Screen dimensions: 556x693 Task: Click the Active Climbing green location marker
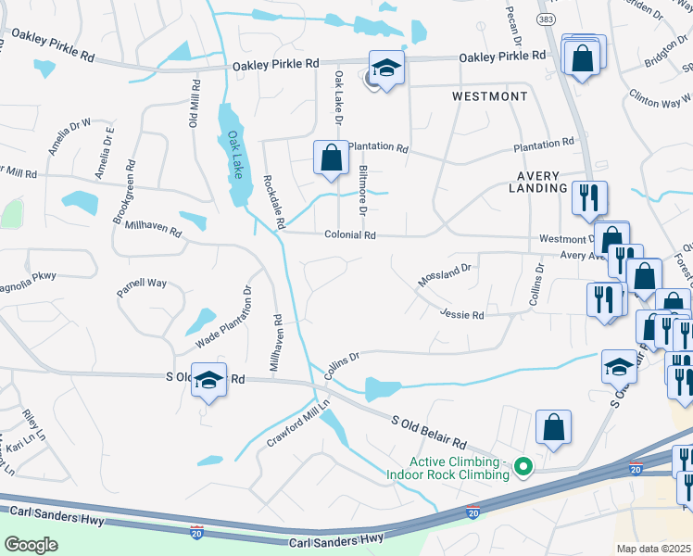[x=523, y=466]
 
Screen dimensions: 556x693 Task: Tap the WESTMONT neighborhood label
[x=489, y=96]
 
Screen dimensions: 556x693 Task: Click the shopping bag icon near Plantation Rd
[x=331, y=158]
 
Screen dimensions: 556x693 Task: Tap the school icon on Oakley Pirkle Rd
[x=387, y=68]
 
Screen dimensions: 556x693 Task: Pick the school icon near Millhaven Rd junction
[x=209, y=380]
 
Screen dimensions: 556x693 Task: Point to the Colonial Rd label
[x=349, y=235]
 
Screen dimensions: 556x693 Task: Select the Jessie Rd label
[x=462, y=315]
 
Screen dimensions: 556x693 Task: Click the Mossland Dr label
[x=445, y=275]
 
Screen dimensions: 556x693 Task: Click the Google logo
[x=31, y=544]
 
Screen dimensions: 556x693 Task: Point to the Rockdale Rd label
[x=273, y=202]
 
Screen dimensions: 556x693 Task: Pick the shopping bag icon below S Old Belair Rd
[x=553, y=427]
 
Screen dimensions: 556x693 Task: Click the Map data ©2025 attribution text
[x=654, y=548]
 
